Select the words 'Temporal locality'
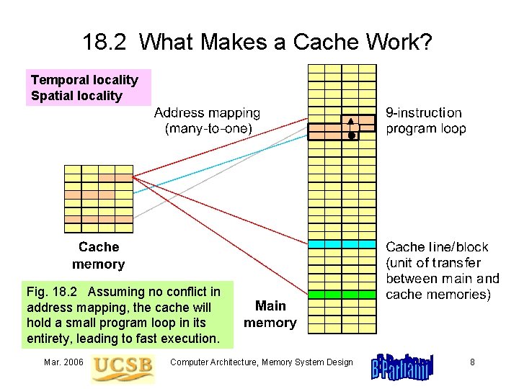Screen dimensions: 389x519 (x=84, y=80)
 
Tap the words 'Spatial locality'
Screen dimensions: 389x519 (x=76, y=96)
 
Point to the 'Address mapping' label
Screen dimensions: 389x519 (x=208, y=113)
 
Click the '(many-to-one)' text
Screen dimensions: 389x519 (x=208, y=129)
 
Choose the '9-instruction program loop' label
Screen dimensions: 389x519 (x=425, y=121)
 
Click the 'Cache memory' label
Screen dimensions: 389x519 (x=98, y=256)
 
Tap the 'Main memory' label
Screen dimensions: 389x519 (x=270, y=314)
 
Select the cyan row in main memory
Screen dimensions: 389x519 (x=342, y=244)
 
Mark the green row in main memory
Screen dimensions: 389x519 (x=342, y=294)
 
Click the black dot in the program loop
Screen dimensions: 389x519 (x=351, y=135)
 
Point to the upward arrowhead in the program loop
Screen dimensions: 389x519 (x=351, y=121)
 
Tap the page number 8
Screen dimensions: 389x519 (x=472, y=362)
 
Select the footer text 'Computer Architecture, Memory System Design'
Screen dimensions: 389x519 (x=261, y=362)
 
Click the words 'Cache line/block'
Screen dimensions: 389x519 (x=437, y=247)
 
